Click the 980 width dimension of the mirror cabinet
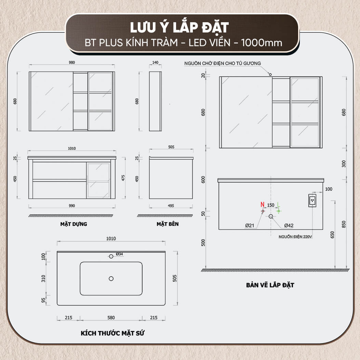click(x=72, y=63)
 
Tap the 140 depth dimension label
click(x=155, y=63)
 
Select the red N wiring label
click(x=263, y=204)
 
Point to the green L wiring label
click(x=279, y=204)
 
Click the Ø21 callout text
click(x=250, y=225)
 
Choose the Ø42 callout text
click(x=289, y=225)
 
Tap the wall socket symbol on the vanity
click(x=312, y=200)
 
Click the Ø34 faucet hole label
click(x=119, y=254)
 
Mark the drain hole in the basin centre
click(x=111, y=279)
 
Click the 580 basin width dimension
click(x=111, y=318)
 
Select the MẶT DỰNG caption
click(x=74, y=224)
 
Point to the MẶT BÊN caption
click(x=168, y=224)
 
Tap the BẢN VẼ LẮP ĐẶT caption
click(x=270, y=285)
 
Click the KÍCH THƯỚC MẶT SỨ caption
click(x=112, y=333)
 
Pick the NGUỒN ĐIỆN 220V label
click(x=295, y=237)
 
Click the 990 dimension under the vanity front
click(x=72, y=206)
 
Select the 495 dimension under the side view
click(x=171, y=206)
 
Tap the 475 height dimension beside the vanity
click(x=123, y=178)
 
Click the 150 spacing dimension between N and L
click(x=271, y=205)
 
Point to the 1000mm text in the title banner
click(x=262, y=43)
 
